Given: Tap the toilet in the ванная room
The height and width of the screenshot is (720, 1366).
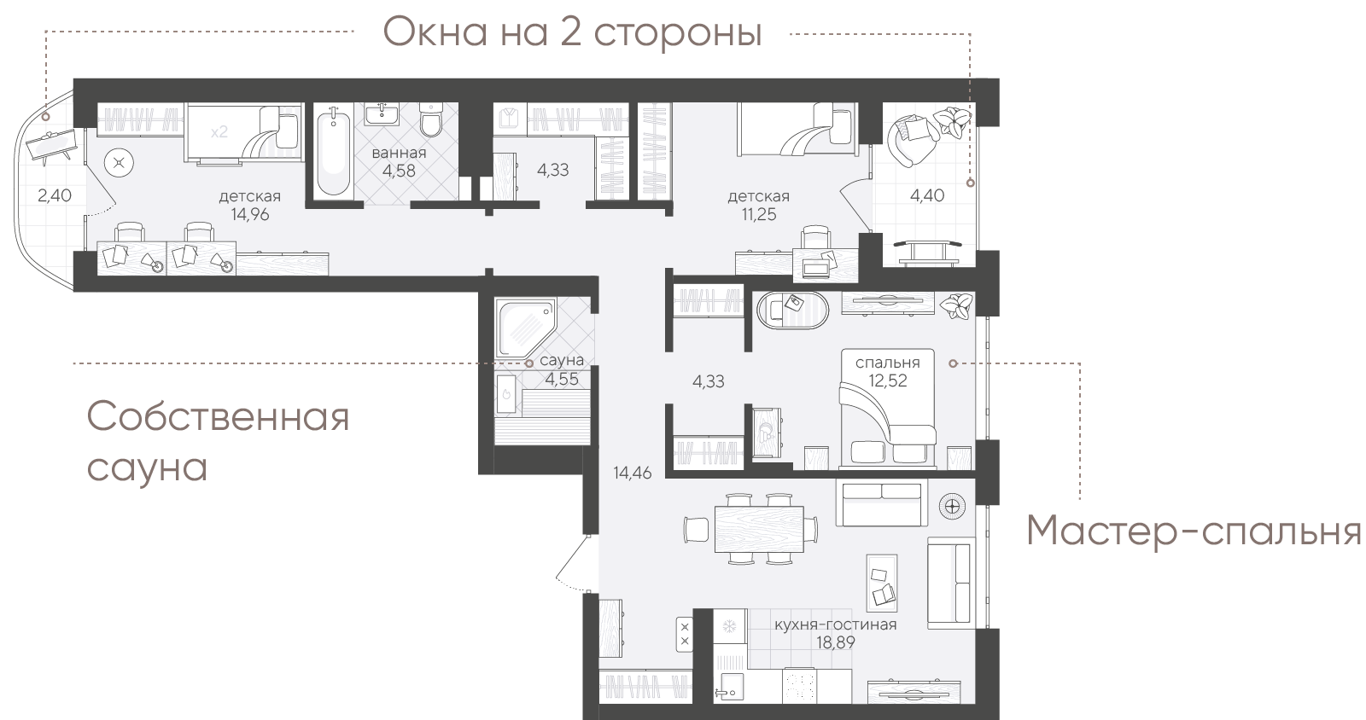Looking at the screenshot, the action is pos(431,120).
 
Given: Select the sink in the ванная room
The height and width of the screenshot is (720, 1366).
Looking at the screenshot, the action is pos(382,114).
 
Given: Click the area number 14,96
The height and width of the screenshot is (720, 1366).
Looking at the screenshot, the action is pos(250,214).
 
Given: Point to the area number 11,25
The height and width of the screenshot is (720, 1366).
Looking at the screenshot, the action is pos(759,214).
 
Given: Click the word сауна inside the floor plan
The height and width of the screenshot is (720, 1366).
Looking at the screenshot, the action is pos(562,361).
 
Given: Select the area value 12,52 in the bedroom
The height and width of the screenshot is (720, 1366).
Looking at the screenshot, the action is pos(888,380).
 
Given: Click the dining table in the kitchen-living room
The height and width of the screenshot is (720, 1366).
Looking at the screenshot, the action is pos(759,529).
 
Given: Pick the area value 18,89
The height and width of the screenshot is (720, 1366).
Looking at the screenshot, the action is pos(836,642).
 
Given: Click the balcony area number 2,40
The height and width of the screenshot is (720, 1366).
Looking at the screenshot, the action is pos(55,195).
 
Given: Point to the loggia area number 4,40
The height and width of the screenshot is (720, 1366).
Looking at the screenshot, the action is pos(927,195).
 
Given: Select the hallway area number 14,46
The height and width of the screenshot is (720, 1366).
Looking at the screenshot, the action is pos(633,473).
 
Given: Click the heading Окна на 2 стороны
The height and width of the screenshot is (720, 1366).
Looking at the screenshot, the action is pos(572,33).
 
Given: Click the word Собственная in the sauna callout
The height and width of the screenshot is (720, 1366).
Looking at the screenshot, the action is pos(218,416).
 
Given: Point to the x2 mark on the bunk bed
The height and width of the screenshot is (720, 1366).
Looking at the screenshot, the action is pos(219,131).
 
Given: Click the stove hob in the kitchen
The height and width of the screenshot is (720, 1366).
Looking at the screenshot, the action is pos(799,685).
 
